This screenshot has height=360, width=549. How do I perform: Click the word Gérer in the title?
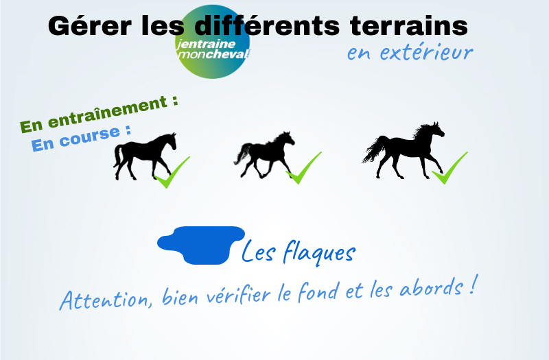(90, 26)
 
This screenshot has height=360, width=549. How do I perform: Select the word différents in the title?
(267, 25)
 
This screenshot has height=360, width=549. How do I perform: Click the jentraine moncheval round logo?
(212, 42)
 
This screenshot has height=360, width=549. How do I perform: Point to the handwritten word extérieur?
(426, 52)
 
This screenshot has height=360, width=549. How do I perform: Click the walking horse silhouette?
(145, 156)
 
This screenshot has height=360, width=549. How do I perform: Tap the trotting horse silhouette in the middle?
(264, 155)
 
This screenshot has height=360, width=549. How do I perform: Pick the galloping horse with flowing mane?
(404, 150)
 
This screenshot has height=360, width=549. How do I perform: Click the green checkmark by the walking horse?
(172, 173)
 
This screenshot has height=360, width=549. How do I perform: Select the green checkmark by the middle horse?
(303, 169)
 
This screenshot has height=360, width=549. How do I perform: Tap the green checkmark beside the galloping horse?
(449, 169)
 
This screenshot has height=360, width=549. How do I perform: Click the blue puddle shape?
(201, 245)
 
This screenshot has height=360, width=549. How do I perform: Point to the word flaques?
(319, 252)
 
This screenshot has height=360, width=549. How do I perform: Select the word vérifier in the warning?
(238, 294)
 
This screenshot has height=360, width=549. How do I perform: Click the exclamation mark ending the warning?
(472, 284)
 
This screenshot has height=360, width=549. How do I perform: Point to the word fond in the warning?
(318, 291)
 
